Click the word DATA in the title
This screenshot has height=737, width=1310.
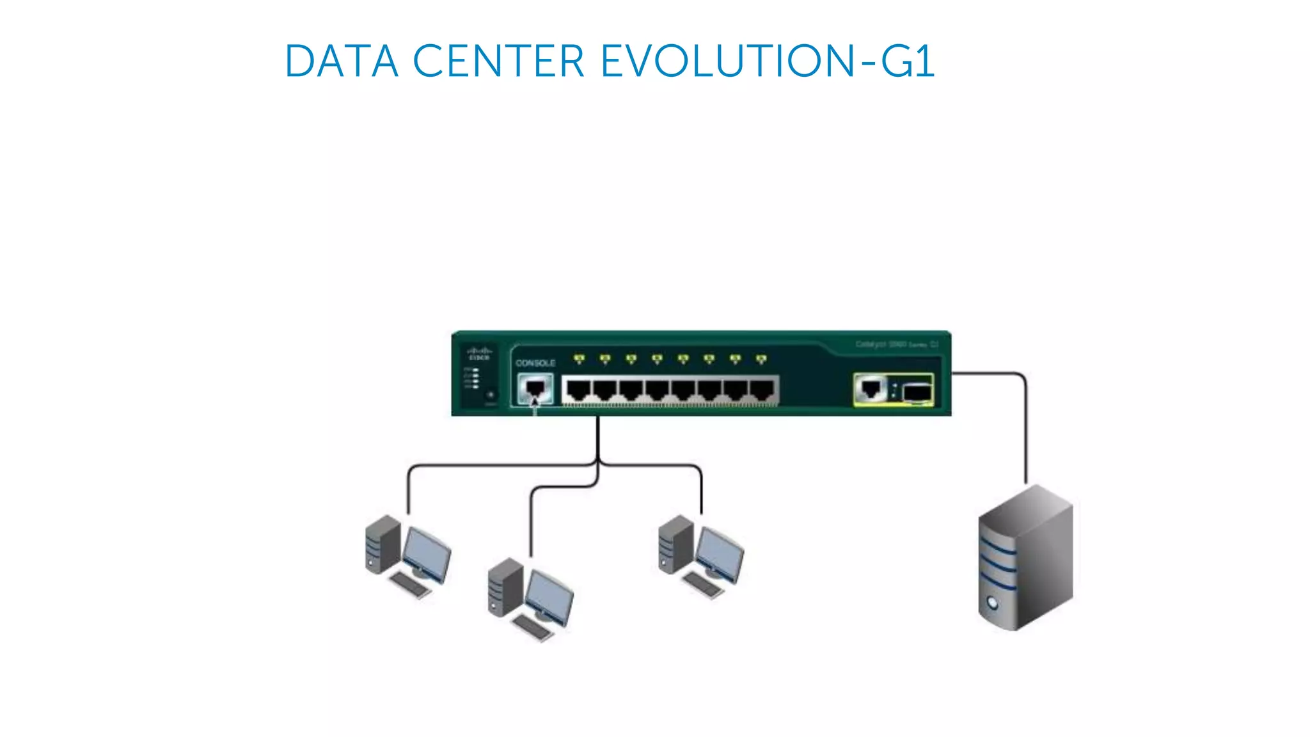(342, 61)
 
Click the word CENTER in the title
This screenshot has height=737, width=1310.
(498, 61)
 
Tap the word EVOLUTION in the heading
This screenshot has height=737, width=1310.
(727, 61)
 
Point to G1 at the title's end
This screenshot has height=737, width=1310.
(908, 61)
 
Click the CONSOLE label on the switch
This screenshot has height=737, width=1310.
(535, 363)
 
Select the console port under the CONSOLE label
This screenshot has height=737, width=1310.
(535, 388)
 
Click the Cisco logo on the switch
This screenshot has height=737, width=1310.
(479, 354)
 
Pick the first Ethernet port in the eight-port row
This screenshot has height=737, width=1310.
(578, 389)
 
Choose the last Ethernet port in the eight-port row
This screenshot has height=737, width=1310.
(762, 389)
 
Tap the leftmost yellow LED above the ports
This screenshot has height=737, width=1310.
(579, 359)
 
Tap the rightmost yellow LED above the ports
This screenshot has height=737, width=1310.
(761, 359)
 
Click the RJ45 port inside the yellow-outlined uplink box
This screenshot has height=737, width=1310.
(871, 388)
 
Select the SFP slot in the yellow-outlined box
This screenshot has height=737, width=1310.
(917, 392)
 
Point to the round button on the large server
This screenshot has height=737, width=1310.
(993, 602)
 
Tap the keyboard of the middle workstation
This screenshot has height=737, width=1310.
(532, 627)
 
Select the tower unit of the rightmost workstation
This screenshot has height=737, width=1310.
(676, 544)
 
